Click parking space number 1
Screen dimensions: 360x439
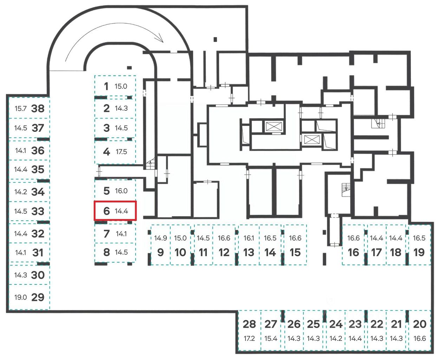point(106,86)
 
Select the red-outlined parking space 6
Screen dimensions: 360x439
point(115,211)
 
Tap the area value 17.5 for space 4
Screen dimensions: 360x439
point(121,152)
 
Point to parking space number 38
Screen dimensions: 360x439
point(38,108)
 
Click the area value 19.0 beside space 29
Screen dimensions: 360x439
point(20,297)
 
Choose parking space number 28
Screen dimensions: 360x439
point(249,324)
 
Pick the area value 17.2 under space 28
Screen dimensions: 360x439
point(249,339)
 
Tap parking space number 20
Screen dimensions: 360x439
point(420,324)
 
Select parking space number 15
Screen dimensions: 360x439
point(295,252)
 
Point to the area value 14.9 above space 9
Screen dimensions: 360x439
point(160,238)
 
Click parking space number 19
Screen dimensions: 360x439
point(419,252)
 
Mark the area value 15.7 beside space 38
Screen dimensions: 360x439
point(20,108)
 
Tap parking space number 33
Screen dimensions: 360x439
point(38,211)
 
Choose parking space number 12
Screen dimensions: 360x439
point(224,252)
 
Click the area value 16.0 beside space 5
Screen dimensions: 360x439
point(121,191)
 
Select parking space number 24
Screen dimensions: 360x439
point(336,324)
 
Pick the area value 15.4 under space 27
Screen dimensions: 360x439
point(271,339)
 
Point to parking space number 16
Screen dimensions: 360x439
point(353,252)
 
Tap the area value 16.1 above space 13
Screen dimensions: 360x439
point(249,238)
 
